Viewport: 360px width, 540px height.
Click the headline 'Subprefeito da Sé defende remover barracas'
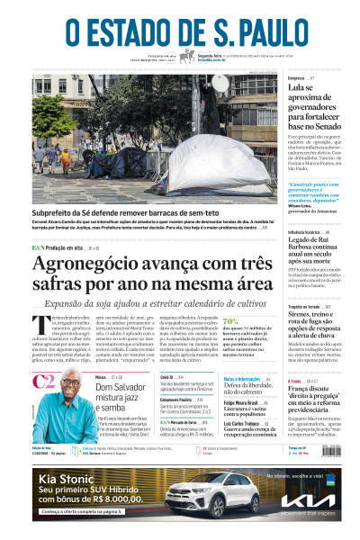[x=135, y=214]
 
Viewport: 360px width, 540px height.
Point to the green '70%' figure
[x=230, y=320]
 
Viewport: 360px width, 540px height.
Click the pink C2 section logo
[x=43, y=382]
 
